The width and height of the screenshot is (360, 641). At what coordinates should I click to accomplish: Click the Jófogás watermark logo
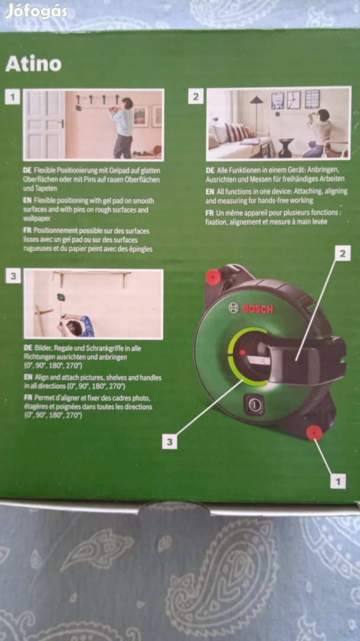pos(37,11)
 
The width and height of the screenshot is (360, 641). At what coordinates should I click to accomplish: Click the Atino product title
pos(33,64)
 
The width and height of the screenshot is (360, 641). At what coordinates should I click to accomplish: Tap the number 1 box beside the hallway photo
pos(12,96)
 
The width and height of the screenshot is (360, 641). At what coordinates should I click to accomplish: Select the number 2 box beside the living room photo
pos(196,96)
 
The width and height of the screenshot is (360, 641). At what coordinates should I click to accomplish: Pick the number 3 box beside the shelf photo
pos(12,275)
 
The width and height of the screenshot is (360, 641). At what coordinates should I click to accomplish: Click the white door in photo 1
pos(44,124)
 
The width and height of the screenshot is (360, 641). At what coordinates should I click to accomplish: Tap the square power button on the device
pos(254,406)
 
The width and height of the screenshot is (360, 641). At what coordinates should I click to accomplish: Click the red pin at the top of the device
pos(213,277)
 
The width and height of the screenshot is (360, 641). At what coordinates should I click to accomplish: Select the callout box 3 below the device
pos(170,441)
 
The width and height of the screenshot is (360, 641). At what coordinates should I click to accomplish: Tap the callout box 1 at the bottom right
pos(337,481)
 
